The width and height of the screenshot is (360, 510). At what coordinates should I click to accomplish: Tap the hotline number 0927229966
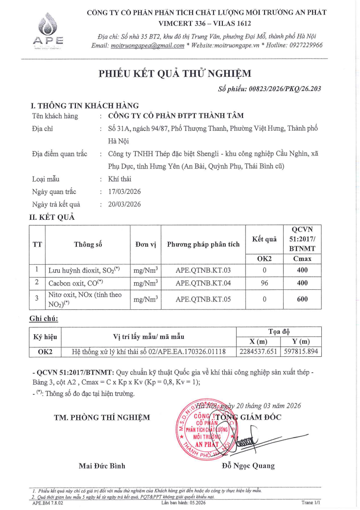pyautogui.click(x=302, y=45)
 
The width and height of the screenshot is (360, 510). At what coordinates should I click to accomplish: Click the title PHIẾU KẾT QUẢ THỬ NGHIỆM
pyautogui.click(x=175, y=74)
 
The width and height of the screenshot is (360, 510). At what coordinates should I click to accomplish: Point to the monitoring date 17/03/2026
pyautogui.click(x=124, y=192)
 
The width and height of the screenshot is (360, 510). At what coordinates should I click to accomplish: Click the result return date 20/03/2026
pyautogui.click(x=124, y=204)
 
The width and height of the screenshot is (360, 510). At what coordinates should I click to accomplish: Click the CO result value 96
pyautogui.click(x=264, y=283)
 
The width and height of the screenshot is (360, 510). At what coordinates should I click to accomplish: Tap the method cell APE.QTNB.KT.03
pyautogui.click(x=203, y=270)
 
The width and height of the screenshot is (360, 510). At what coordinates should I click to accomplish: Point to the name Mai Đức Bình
pyautogui.click(x=102, y=465)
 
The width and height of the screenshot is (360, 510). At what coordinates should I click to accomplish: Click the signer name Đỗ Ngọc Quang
pyautogui.click(x=248, y=465)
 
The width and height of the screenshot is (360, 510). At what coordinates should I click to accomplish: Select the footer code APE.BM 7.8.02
pyautogui.click(x=48, y=503)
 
